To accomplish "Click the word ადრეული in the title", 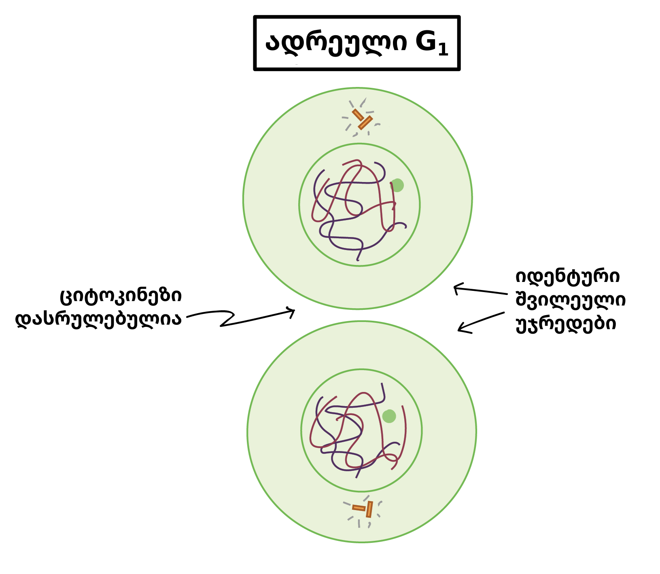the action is tap(336, 43).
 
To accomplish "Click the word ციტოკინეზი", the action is tap(121, 297).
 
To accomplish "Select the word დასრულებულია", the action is tap(98, 319).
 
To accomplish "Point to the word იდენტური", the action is tap(568, 277).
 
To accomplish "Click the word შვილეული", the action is tap(571, 300).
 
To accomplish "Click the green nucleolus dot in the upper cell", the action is tap(397, 185).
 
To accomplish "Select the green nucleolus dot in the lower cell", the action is tap(389, 416).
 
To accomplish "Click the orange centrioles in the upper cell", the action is tap(362, 119).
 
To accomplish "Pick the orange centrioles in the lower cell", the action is tap(363, 509).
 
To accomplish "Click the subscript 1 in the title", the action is tap(443, 50).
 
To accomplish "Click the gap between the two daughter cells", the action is tap(359, 315).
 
